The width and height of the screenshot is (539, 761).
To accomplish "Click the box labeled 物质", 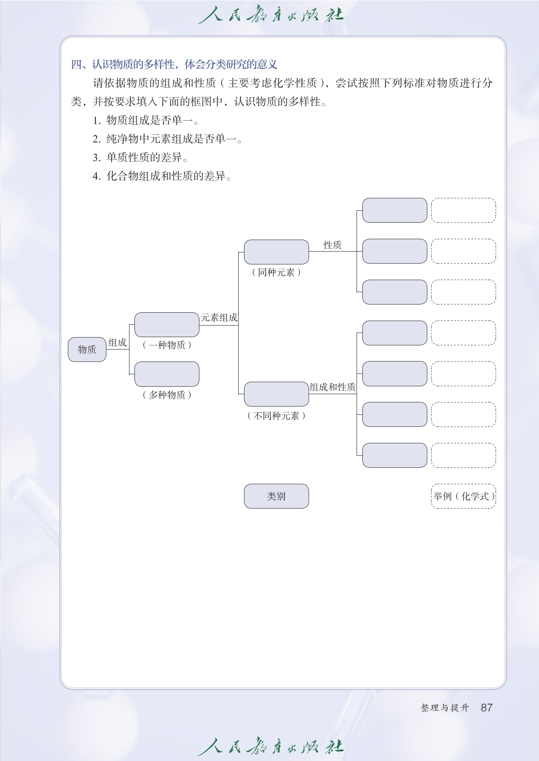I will [x=87, y=350].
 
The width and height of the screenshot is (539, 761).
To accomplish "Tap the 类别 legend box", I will [x=276, y=496].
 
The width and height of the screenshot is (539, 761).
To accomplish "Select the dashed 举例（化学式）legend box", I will [x=463, y=496].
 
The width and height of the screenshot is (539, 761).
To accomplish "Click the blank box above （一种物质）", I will [x=167, y=325].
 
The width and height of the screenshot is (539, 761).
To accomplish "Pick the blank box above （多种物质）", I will [x=167, y=374].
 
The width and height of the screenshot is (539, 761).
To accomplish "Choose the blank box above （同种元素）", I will [x=276, y=252].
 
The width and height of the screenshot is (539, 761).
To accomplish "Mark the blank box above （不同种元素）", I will [x=276, y=394].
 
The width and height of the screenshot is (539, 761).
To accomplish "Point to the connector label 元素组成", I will [x=219, y=318].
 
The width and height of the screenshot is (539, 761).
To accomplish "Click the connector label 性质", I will [x=333, y=245].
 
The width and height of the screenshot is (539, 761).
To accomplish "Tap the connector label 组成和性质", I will [x=333, y=387].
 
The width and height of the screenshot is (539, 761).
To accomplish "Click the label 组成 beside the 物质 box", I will [x=117, y=342].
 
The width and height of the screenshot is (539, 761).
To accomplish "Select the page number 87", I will [x=486, y=708].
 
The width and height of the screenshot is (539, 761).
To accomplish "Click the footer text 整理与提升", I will [x=445, y=708].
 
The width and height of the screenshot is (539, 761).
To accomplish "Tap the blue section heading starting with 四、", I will [x=174, y=64].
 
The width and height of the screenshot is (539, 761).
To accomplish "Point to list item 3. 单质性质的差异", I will [x=141, y=157].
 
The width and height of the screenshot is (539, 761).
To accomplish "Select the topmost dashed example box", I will [x=463, y=210].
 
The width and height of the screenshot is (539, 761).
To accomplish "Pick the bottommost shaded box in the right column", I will [x=395, y=455].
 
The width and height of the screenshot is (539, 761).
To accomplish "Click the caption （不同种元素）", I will [x=276, y=416].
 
